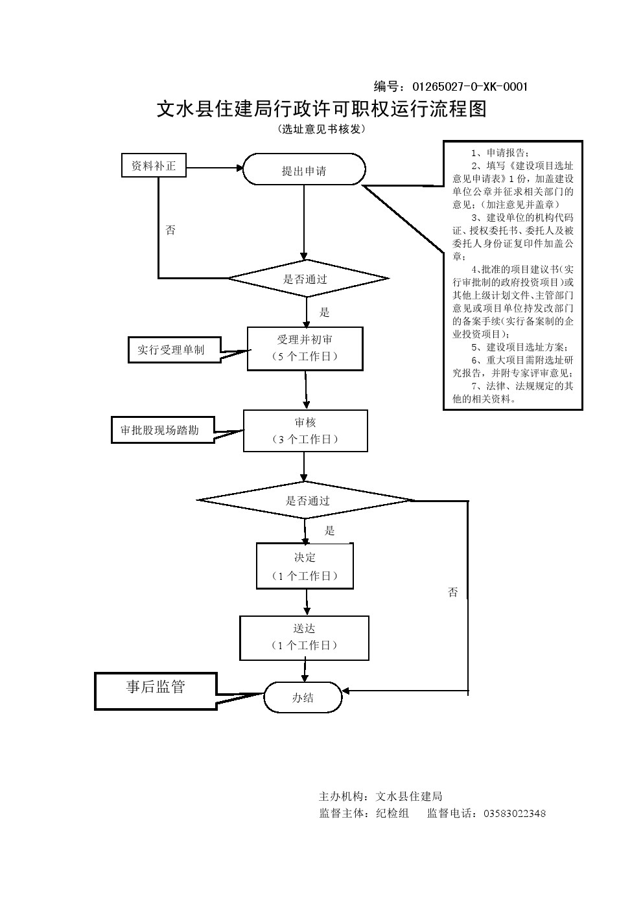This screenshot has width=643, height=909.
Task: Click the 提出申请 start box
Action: click(x=304, y=170)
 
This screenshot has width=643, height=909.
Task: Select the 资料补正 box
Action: click(x=154, y=166)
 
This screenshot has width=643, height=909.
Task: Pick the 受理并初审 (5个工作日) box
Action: click(x=305, y=349)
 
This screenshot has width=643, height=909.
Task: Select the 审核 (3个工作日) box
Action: click(x=305, y=431)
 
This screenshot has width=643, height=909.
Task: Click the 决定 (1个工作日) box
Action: click(x=305, y=566)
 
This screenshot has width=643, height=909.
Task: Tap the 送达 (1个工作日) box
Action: click(x=305, y=638)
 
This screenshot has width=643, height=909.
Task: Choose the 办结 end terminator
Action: click(x=302, y=698)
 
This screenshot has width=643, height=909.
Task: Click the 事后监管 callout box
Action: click(x=156, y=688)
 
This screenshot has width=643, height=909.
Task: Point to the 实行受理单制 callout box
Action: click(x=170, y=350)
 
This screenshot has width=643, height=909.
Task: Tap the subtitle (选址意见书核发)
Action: click(x=321, y=129)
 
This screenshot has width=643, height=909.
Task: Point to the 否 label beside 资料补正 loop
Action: click(x=170, y=230)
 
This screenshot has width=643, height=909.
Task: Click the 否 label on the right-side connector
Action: click(x=452, y=592)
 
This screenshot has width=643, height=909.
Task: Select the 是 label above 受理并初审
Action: click(x=325, y=312)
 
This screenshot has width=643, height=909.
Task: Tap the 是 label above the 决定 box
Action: click(x=329, y=531)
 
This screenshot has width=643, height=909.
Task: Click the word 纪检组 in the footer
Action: click(x=392, y=813)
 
